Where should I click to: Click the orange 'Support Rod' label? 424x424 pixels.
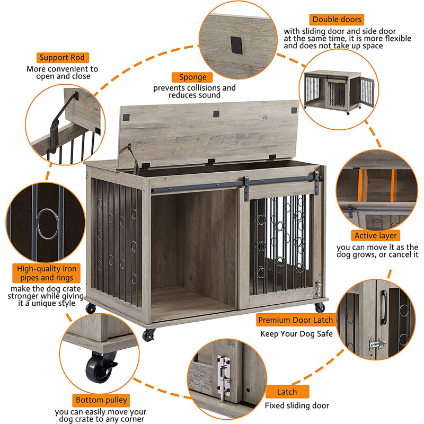point(63,58)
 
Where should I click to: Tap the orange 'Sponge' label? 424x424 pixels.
point(192,77)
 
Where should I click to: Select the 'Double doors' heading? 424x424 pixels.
point(337,20)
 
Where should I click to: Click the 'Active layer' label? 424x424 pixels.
point(375,235)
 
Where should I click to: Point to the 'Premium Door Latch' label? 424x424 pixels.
point(296,320)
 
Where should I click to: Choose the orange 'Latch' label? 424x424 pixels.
point(287,392)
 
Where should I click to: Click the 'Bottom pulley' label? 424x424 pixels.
point(101,400)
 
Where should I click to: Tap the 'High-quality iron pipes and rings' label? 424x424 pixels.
point(47,273)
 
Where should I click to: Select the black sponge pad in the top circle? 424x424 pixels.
point(236,45)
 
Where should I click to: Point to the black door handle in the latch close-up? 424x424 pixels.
point(384,307)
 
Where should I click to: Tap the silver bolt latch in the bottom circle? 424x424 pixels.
point(224,375)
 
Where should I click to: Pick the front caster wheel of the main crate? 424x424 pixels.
point(148,335)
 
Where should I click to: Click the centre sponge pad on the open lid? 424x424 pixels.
point(216,114)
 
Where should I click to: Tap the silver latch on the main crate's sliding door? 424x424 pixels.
point(318,288)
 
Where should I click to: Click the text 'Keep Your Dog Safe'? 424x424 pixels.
point(296,334)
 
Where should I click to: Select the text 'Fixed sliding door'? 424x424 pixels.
point(297,405)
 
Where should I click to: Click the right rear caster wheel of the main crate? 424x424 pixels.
point(320,307)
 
